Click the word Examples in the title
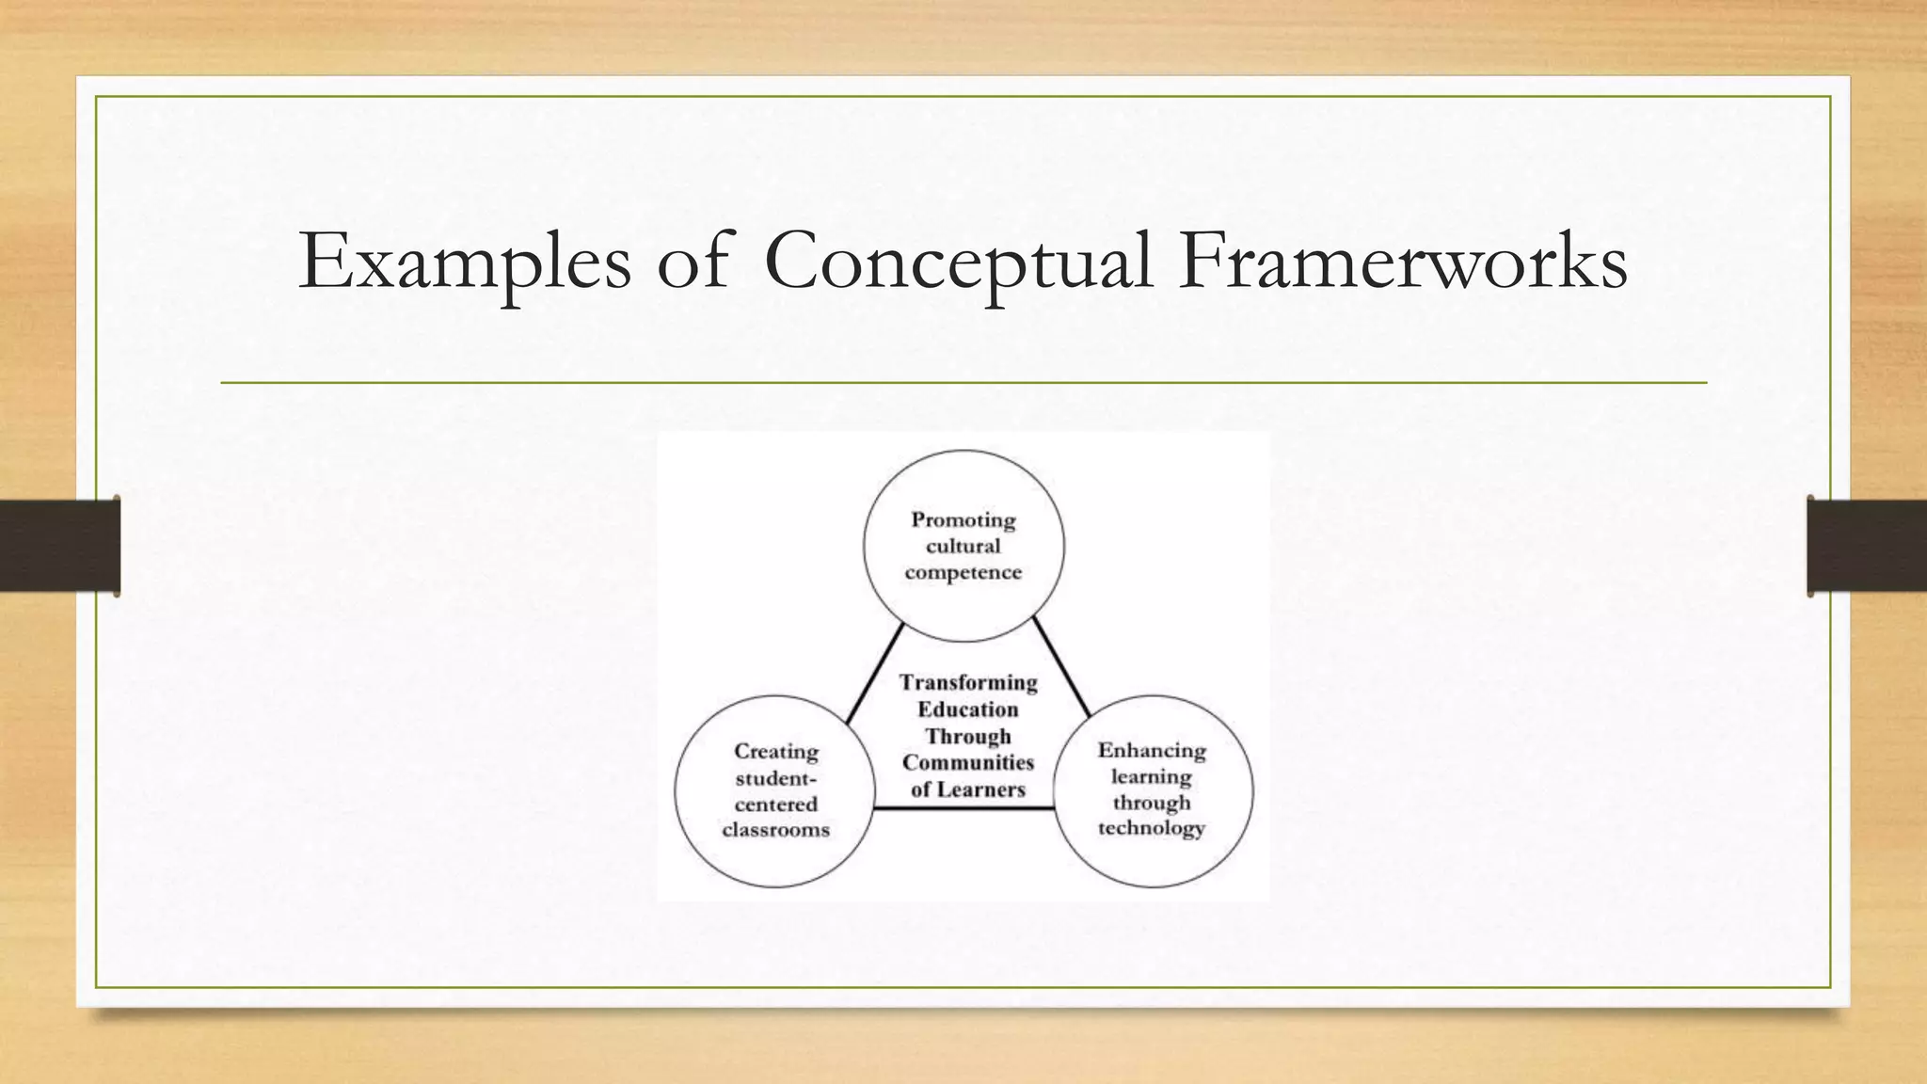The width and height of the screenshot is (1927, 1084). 464,262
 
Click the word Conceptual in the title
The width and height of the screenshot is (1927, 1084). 958,262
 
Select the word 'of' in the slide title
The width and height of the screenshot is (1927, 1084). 693,262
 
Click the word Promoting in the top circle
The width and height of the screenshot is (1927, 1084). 963,520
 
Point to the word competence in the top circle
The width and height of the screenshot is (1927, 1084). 963,572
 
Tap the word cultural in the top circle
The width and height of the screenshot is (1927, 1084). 963,547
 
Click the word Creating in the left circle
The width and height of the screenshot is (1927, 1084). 776,752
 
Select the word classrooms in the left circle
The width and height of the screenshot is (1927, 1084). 776,830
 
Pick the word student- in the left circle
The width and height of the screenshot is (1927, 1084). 776,778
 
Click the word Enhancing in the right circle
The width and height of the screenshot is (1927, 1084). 1152,751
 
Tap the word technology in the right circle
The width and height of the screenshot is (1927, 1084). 1152,828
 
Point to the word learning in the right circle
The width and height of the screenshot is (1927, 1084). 1152,777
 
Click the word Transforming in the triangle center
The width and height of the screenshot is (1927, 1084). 968,683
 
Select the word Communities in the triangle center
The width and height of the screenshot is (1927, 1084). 968,762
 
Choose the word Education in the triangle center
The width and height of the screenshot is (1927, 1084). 968,709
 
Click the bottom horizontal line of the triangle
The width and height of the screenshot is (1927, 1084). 963,808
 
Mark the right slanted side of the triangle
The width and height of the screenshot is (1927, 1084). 1061,667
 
